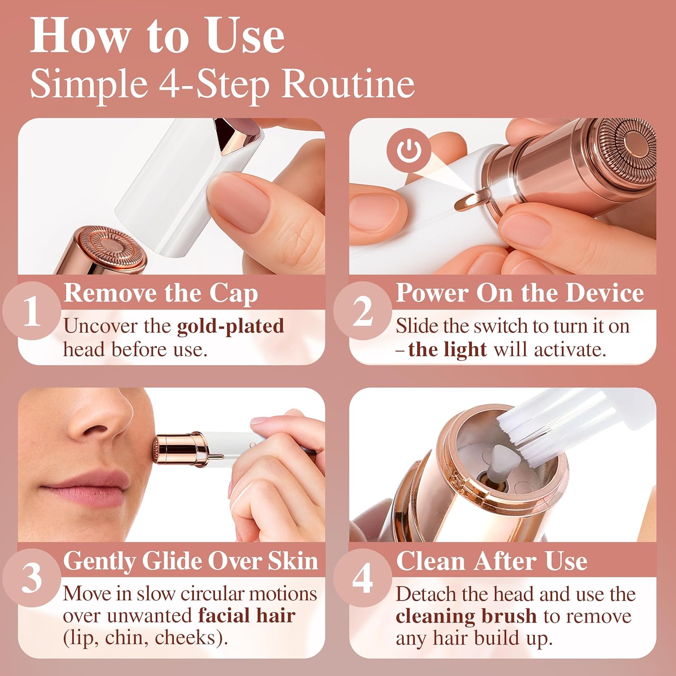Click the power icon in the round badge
click(x=409, y=151)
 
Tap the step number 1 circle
click(x=32, y=311)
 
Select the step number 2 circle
click(x=363, y=311)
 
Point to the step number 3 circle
click(x=32, y=578)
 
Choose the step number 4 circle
click(x=363, y=578)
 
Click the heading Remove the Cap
click(x=161, y=293)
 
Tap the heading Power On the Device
click(x=520, y=293)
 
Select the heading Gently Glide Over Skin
click(x=191, y=561)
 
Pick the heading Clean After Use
click(x=492, y=561)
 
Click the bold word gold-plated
click(x=230, y=326)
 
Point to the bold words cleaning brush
click(x=466, y=616)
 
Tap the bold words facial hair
click(x=247, y=616)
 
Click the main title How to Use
click(x=157, y=36)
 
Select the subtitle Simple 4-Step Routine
click(x=222, y=84)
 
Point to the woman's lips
click(x=86, y=489)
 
